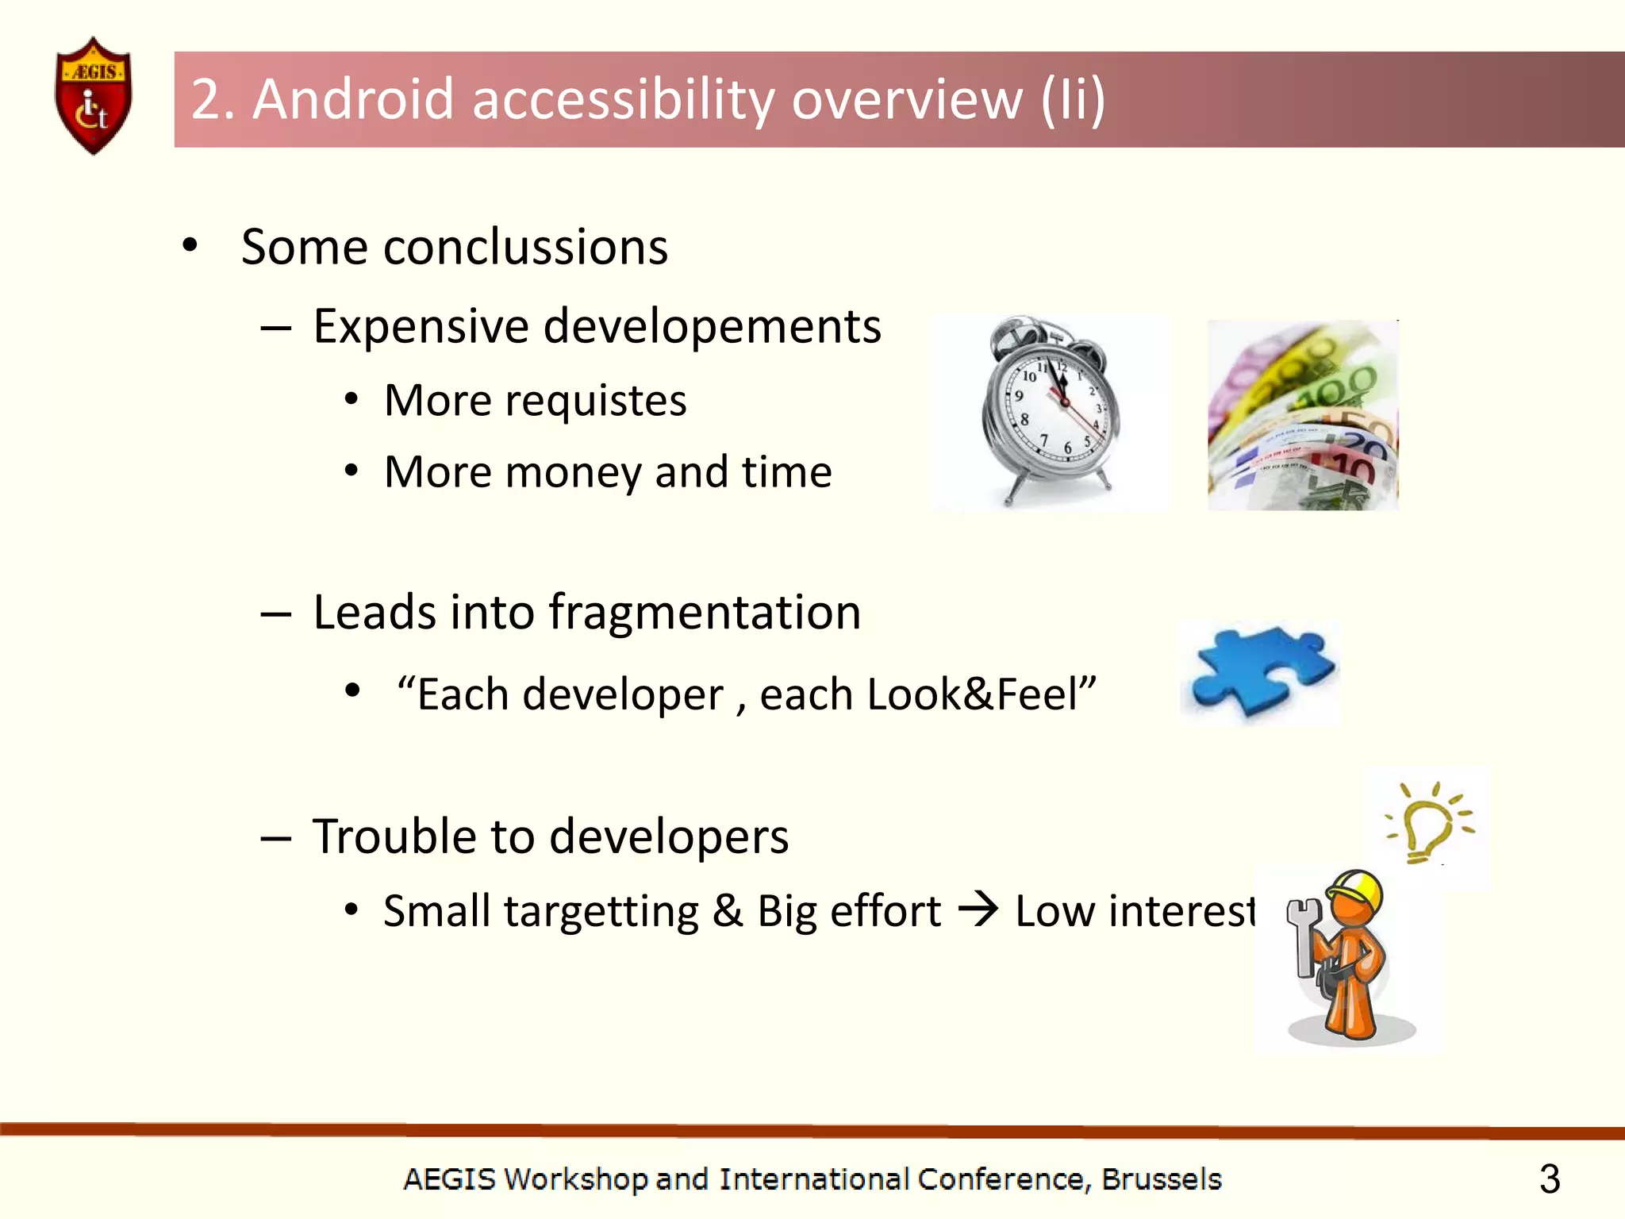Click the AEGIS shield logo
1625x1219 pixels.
point(93,96)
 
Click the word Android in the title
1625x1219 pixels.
point(353,100)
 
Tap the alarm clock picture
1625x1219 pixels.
point(1049,411)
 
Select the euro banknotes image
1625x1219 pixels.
point(1303,416)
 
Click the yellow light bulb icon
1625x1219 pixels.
point(1428,825)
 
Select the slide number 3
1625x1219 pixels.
point(1549,1179)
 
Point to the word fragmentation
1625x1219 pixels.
point(705,613)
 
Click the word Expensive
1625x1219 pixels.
point(421,327)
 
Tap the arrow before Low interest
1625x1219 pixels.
point(978,909)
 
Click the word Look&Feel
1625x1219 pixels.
point(981,694)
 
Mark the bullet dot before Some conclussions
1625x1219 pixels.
point(190,246)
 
